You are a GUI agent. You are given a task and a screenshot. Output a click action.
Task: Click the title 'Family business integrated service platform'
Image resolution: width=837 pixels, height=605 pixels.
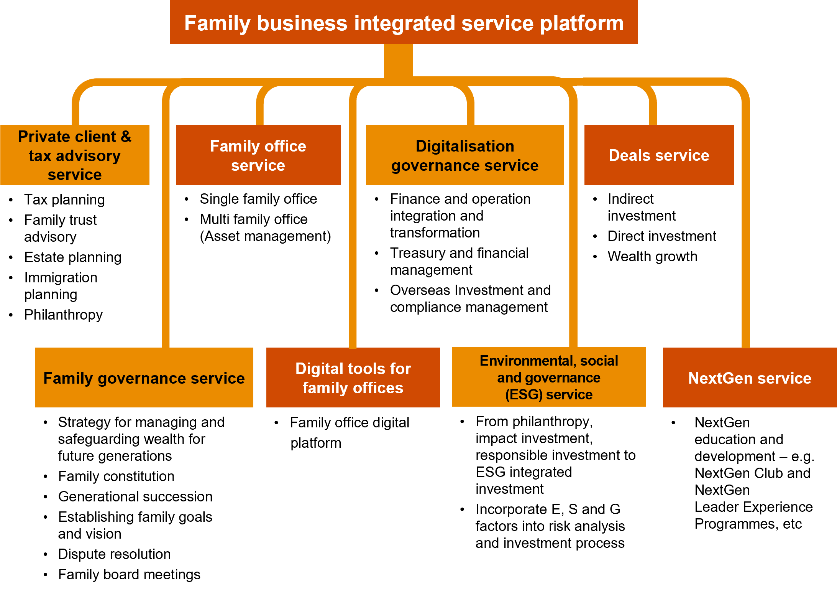click(x=404, y=23)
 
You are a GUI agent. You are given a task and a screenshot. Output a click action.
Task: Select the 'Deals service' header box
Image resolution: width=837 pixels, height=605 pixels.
click(x=659, y=155)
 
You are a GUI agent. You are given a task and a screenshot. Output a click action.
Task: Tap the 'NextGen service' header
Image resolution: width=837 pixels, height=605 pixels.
click(x=750, y=378)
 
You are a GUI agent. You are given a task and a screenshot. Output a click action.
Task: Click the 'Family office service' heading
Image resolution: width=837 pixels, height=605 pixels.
click(x=258, y=155)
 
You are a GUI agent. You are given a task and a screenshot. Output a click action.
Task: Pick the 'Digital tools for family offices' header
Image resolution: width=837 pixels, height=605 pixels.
click(x=353, y=378)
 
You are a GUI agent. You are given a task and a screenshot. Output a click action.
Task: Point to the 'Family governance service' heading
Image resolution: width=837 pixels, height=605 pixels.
click(x=144, y=378)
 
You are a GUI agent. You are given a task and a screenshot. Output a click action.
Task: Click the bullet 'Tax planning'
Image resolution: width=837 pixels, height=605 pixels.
click(x=64, y=199)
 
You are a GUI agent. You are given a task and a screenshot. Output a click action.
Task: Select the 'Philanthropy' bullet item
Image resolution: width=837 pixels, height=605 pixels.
click(x=63, y=315)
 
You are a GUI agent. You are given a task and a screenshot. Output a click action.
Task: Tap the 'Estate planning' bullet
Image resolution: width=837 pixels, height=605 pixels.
click(x=72, y=257)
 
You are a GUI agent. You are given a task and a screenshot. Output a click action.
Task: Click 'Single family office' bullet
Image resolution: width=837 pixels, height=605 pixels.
click(x=258, y=199)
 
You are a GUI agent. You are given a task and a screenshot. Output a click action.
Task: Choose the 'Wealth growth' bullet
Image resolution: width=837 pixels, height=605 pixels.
click(x=652, y=256)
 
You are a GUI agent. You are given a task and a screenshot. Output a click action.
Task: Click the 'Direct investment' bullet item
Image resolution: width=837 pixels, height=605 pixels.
click(x=662, y=236)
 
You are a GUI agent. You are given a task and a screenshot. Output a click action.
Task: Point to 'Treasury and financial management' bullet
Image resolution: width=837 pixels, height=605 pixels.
click(x=459, y=261)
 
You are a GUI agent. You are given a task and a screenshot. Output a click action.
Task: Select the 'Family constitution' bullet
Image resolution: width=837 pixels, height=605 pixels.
click(x=116, y=476)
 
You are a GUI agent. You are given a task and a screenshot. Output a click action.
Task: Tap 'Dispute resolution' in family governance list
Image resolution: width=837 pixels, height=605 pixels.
click(x=114, y=554)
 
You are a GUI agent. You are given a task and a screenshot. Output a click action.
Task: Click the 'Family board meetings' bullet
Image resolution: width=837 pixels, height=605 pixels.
click(x=129, y=574)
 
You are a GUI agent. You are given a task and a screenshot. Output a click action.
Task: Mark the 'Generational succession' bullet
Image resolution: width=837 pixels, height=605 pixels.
click(x=135, y=496)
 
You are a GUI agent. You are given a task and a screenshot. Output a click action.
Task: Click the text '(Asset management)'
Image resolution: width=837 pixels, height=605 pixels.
click(x=265, y=236)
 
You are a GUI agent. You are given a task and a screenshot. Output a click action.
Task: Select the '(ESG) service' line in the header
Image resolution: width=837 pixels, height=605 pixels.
click(x=548, y=394)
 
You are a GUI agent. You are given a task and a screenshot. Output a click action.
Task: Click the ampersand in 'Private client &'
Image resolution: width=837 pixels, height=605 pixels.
click(x=126, y=137)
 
